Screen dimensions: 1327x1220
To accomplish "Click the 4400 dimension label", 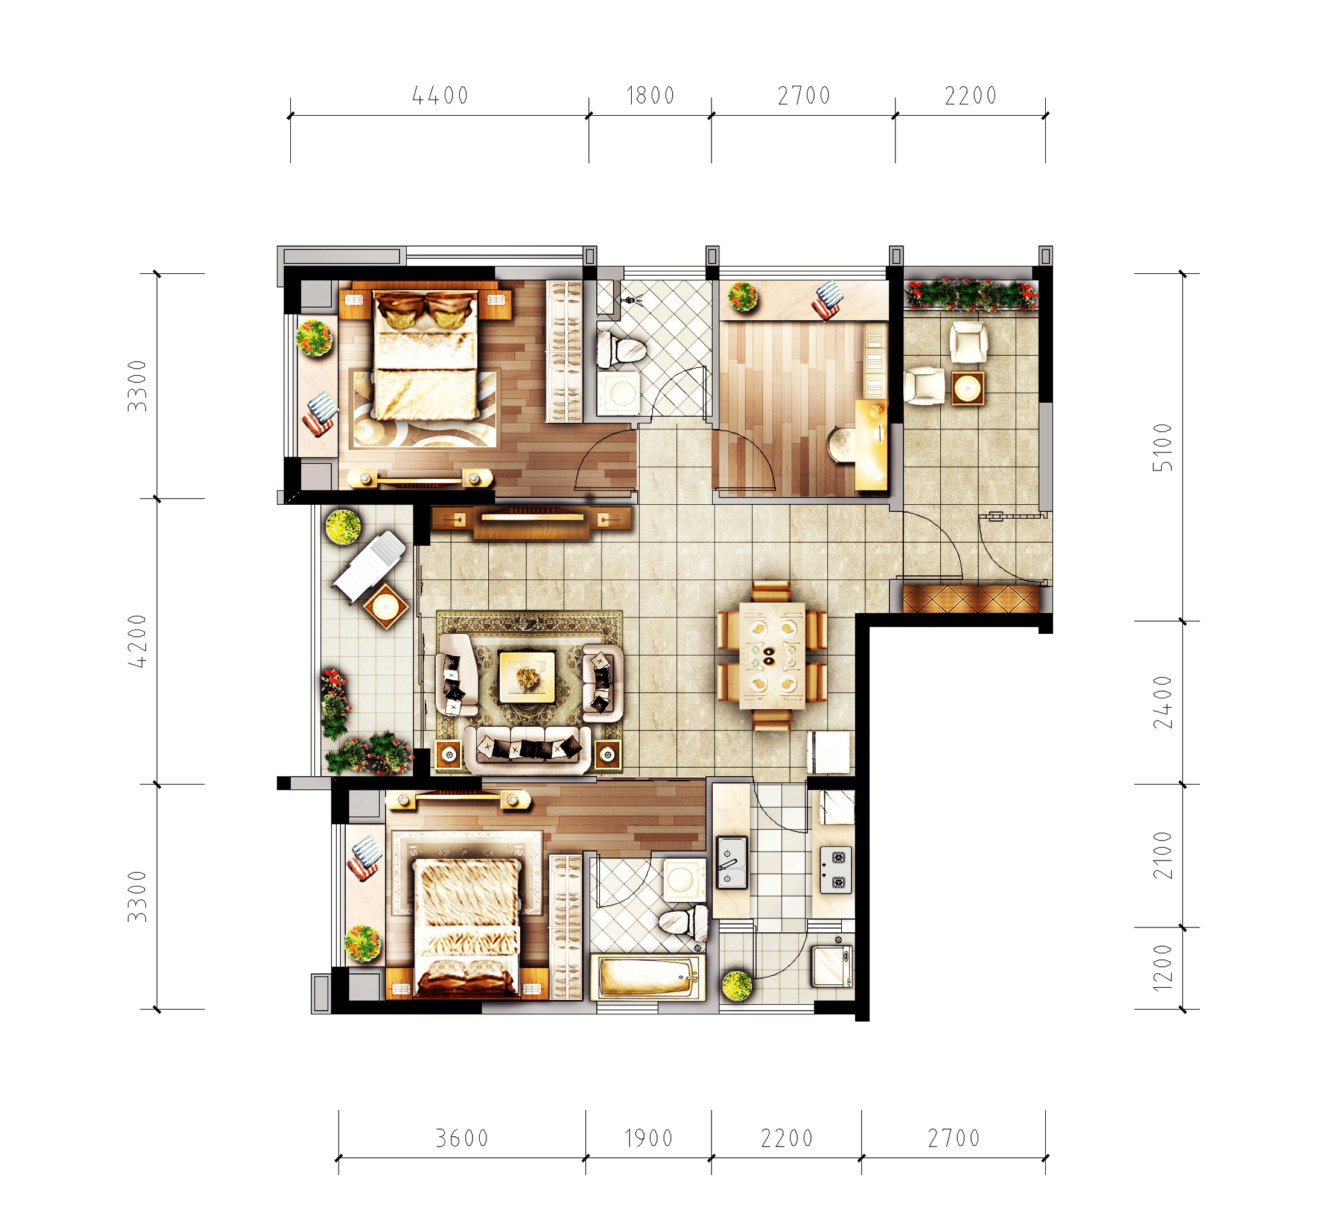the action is [440, 96].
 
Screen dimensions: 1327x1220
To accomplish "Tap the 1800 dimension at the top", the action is [651, 96].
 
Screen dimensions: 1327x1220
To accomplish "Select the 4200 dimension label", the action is [137, 640].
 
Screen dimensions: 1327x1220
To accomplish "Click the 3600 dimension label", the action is [462, 1138].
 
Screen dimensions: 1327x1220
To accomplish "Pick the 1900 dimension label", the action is [649, 1138].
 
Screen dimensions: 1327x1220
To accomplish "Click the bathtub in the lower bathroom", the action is [648, 978].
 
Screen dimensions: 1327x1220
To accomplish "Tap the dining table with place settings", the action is [771, 656].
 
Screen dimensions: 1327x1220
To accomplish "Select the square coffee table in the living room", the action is [527, 677].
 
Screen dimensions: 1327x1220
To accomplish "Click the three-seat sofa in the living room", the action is [527, 749].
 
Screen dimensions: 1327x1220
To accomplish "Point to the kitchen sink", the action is [732, 862].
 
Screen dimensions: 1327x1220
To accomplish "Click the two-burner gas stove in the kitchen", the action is [836, 870].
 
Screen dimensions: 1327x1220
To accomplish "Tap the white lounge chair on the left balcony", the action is [369, 566].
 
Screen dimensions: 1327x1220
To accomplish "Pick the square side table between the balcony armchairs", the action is [968, 388].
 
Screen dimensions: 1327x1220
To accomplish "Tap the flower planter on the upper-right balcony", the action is [971, 294].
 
